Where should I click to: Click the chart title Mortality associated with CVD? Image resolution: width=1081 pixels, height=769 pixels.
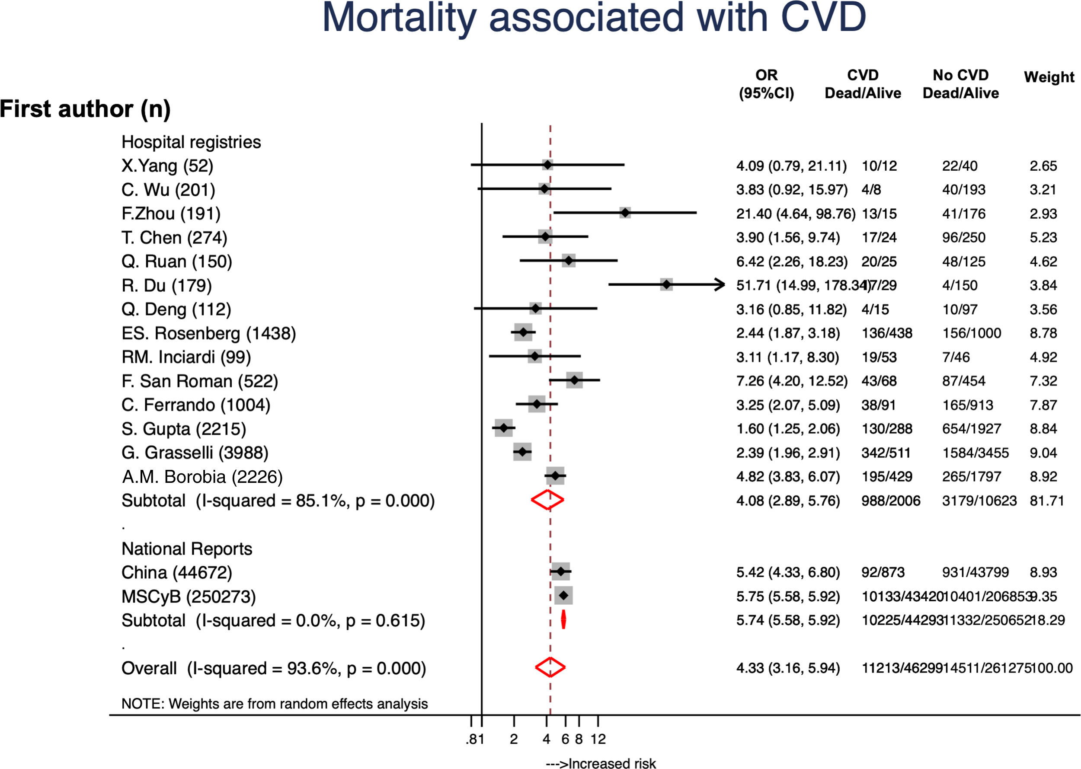click(x=594, y=18)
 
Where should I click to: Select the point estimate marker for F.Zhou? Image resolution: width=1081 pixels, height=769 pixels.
click(x=625, y=213)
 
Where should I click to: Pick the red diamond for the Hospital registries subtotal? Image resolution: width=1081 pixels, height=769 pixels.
click(x=547, y=500)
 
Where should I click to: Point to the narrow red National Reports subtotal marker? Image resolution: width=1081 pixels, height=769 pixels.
click(x=563, y=619)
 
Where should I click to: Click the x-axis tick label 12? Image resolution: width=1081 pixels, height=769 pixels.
click(x=598, y=739)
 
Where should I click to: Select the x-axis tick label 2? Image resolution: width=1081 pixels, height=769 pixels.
click(x=514, y=739)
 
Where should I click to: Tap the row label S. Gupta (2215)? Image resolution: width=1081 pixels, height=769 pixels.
click(x=184, y=429)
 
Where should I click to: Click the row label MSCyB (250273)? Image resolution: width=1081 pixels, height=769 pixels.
click(x=189, y=597)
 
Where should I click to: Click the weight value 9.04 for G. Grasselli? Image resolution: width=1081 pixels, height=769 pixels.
click(x=1043, y=453)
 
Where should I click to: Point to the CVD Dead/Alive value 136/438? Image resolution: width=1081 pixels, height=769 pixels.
click(x=887, y=333)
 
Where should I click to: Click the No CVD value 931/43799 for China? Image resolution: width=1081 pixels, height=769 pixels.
click(x=975, y=572)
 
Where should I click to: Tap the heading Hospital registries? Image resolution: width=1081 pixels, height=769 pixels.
click(x=191, y=142)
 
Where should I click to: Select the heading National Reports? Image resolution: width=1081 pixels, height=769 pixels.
click(x=187, y=549)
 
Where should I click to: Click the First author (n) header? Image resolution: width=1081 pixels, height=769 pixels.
click(x=85, y=109)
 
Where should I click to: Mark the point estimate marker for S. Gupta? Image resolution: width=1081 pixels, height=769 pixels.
click(x=504, y=428)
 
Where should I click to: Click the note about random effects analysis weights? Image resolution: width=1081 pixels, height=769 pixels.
click(x=274, y=704)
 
